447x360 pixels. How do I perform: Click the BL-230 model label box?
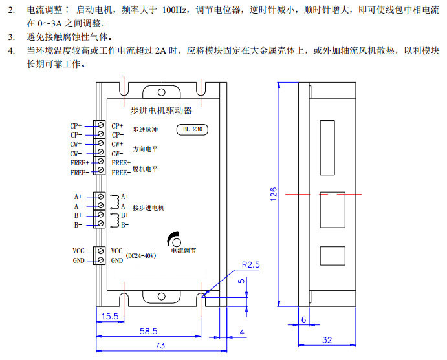pos(191,129)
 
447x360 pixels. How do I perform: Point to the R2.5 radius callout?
pos(251,265)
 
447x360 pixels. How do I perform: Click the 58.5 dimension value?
pos(149,331)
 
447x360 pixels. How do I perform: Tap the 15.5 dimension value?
pos(110,316)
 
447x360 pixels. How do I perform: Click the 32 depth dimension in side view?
pos(327,339)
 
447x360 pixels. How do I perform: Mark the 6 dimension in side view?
pos(303,319)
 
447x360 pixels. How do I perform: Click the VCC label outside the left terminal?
pos(78,251)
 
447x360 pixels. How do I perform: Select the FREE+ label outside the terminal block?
pos(80,163)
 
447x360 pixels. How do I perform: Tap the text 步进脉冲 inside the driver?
pos(145,130)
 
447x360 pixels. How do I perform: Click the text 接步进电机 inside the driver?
pos(148,208)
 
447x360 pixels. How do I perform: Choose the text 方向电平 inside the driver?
pos(145,149)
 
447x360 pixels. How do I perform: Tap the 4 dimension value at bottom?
pos(241,332)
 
